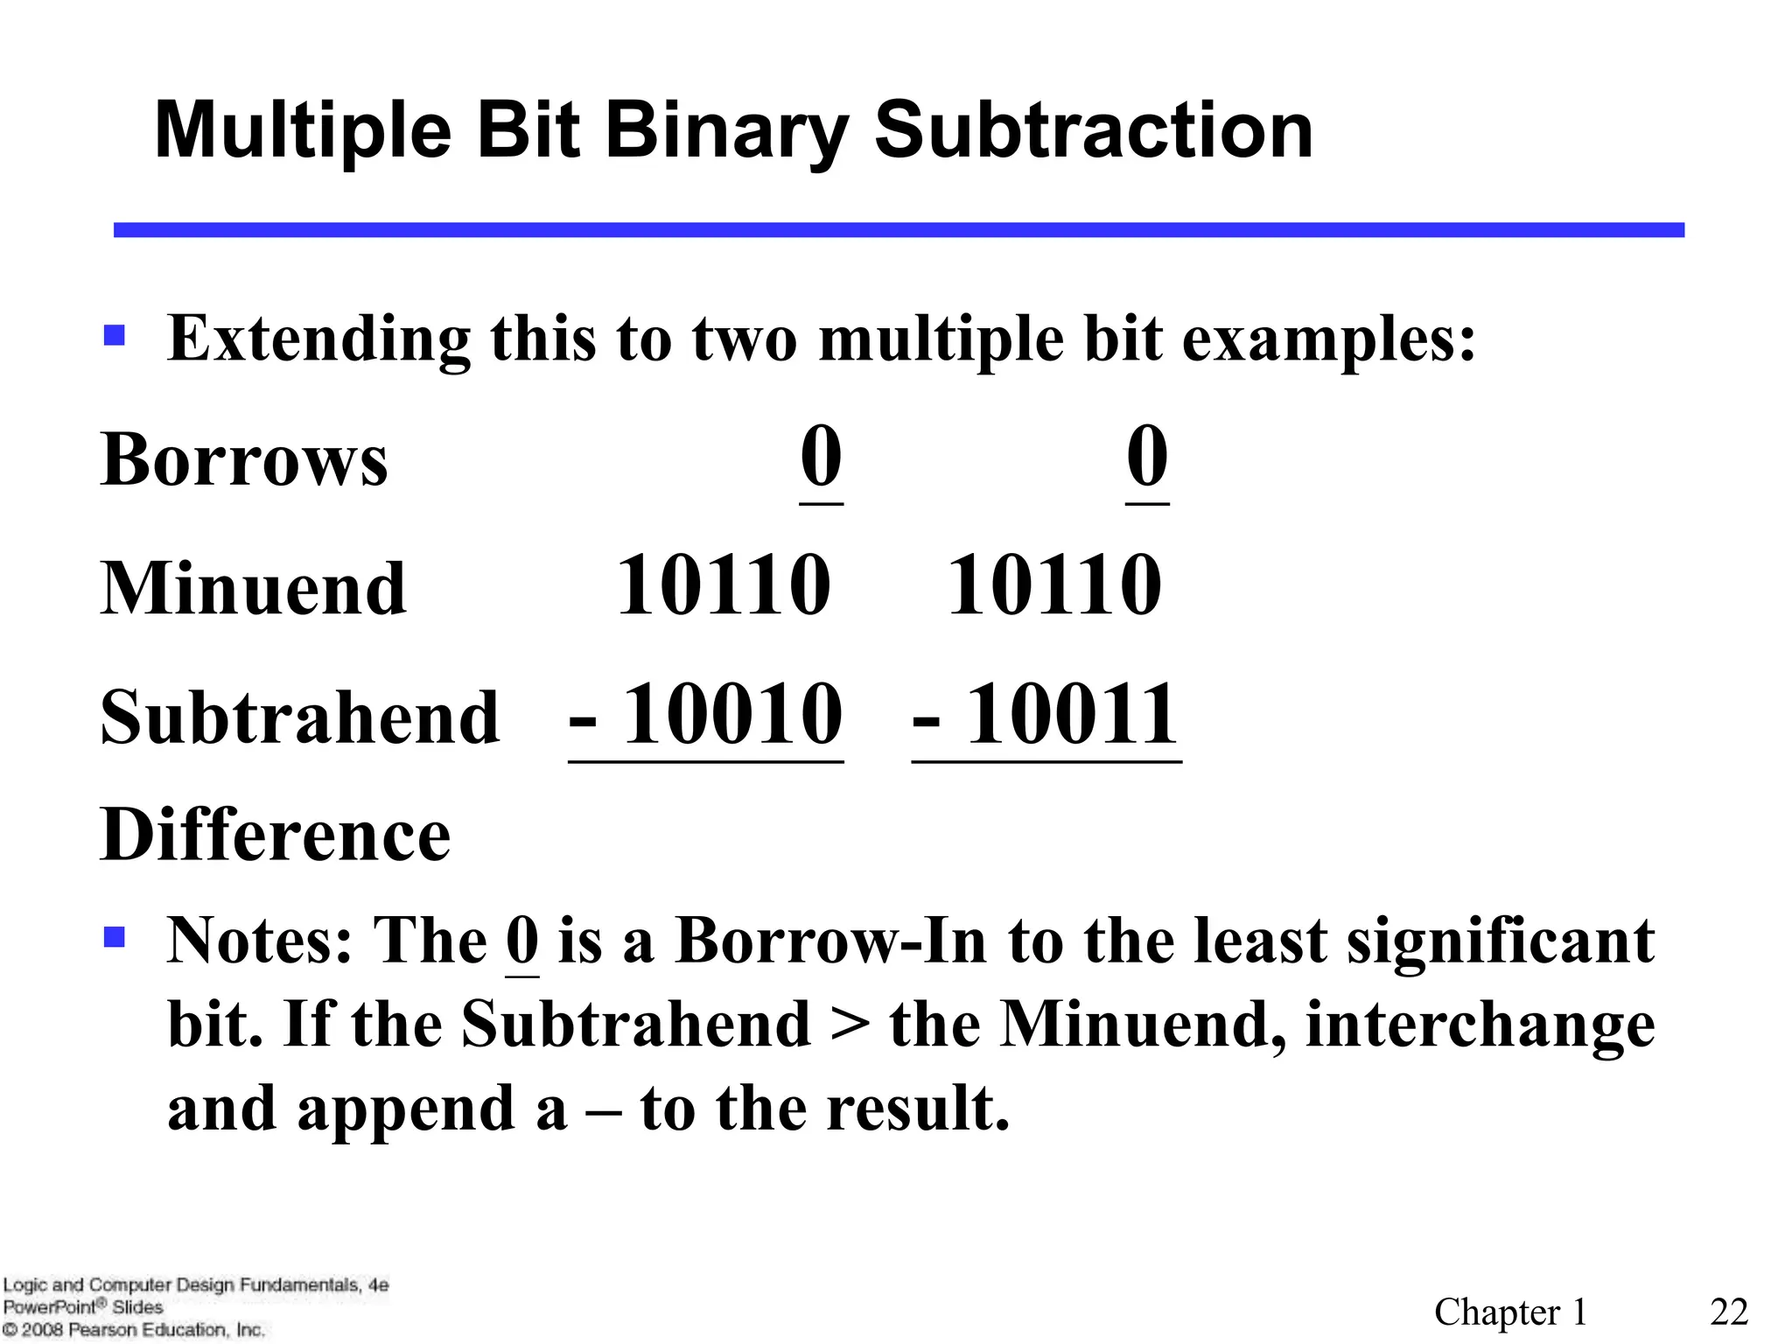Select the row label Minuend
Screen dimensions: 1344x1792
pos(254,588)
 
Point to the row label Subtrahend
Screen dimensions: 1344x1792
pos(300,717)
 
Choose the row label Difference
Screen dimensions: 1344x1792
pos(276,835)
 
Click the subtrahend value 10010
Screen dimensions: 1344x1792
pos(731,715)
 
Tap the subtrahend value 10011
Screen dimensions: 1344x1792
pos(1071,715)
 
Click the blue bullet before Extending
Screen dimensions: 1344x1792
pos(115,336)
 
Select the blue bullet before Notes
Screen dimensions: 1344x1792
pos(115,938)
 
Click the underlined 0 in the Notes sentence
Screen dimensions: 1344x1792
pos(522,941)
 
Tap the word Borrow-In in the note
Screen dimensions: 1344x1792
pos(830,941)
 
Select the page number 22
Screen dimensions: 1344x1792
pos(1729,1312)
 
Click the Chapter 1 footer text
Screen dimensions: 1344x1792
pos(1510,1312)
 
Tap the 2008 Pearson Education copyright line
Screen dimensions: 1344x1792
pos(133,1330)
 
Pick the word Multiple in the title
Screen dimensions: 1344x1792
pos(303,131)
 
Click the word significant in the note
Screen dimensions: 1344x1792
pos(1500,941)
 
